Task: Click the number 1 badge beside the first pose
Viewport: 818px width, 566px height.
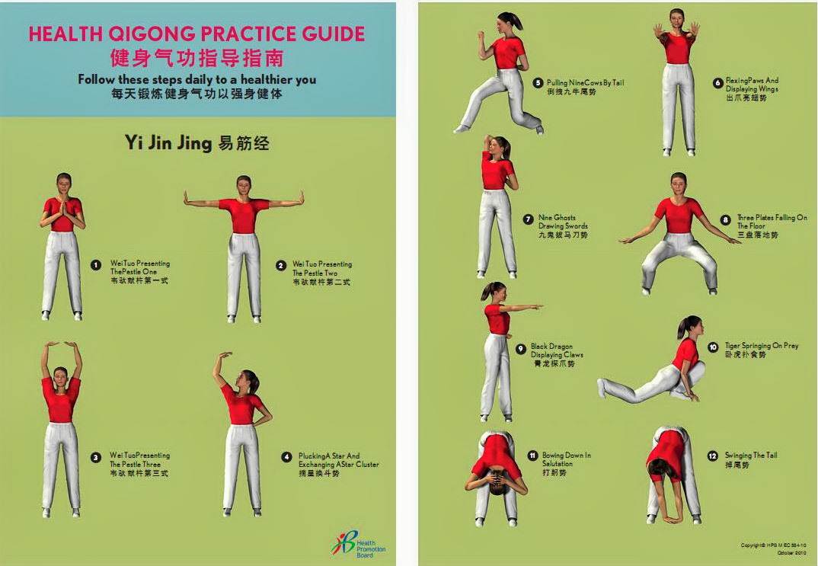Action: pyautogui.click(x=96, y=265)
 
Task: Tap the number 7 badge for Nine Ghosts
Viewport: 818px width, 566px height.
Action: pyautogui.click(x=528, y=219)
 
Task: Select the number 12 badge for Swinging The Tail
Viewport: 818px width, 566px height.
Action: pyautogui.click(x=713, y=456)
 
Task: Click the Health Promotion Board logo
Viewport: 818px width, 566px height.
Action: pyautogui.click(x=359, y=544)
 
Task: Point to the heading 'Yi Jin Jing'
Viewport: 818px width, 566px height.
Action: pyautogui.click(x=197, y=143)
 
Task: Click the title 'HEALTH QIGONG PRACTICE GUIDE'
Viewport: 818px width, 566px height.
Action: pyautogui.click(x=197, y=34)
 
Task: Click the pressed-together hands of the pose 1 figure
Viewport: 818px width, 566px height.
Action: pyautogui.click(x=63, y=207)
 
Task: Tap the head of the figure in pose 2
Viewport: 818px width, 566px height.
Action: pyautogui.click(x=244, y=185)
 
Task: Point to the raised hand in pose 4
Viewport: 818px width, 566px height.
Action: pyautogui.click(x=222, y=356)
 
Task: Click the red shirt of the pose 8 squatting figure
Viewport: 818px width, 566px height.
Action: pyautogui.click(x=678, y=216)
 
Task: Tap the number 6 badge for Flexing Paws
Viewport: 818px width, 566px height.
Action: pyautogui.click(x=717, y=83)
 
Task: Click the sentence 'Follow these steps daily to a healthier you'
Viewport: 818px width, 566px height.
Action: pyautogui.click(x=197, y=79)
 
